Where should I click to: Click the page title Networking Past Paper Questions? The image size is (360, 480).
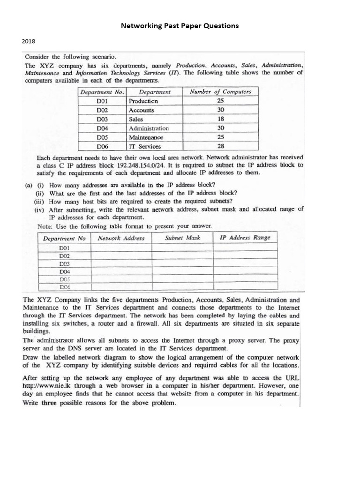tap(180, 26)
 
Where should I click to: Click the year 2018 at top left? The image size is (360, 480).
tap(29, 41)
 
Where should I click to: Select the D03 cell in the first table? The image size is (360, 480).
tap(102, 119)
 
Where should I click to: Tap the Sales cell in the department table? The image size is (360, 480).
tap(136, 119)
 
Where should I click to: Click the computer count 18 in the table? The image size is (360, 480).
tap(221, 119)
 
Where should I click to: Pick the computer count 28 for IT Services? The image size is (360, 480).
tap(221, 147)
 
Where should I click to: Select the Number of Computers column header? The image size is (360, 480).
tap(221, 92)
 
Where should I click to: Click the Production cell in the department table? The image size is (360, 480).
tap(143, 101)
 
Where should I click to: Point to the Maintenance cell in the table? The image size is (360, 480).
tap(146, 137)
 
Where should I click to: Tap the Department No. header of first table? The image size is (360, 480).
tap(102, 92)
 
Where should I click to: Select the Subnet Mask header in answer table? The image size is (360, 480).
tap(183, 238)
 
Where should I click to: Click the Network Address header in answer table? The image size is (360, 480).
tap(121, 238)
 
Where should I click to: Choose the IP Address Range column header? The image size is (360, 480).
tap(245, 238)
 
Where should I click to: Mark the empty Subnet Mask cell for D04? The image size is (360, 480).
tap(183, 271)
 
